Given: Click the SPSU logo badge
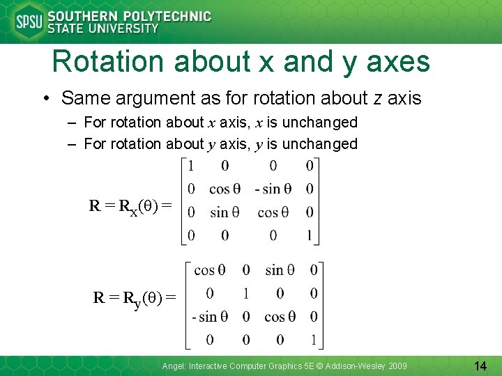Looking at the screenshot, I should pos(29,22).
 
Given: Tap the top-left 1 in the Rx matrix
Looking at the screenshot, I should pos(192,166).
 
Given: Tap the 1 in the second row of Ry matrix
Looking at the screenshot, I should pos(245,293).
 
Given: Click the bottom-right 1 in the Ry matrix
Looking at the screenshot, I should pos(313,340).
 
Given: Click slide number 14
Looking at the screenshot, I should pos(480,366).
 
